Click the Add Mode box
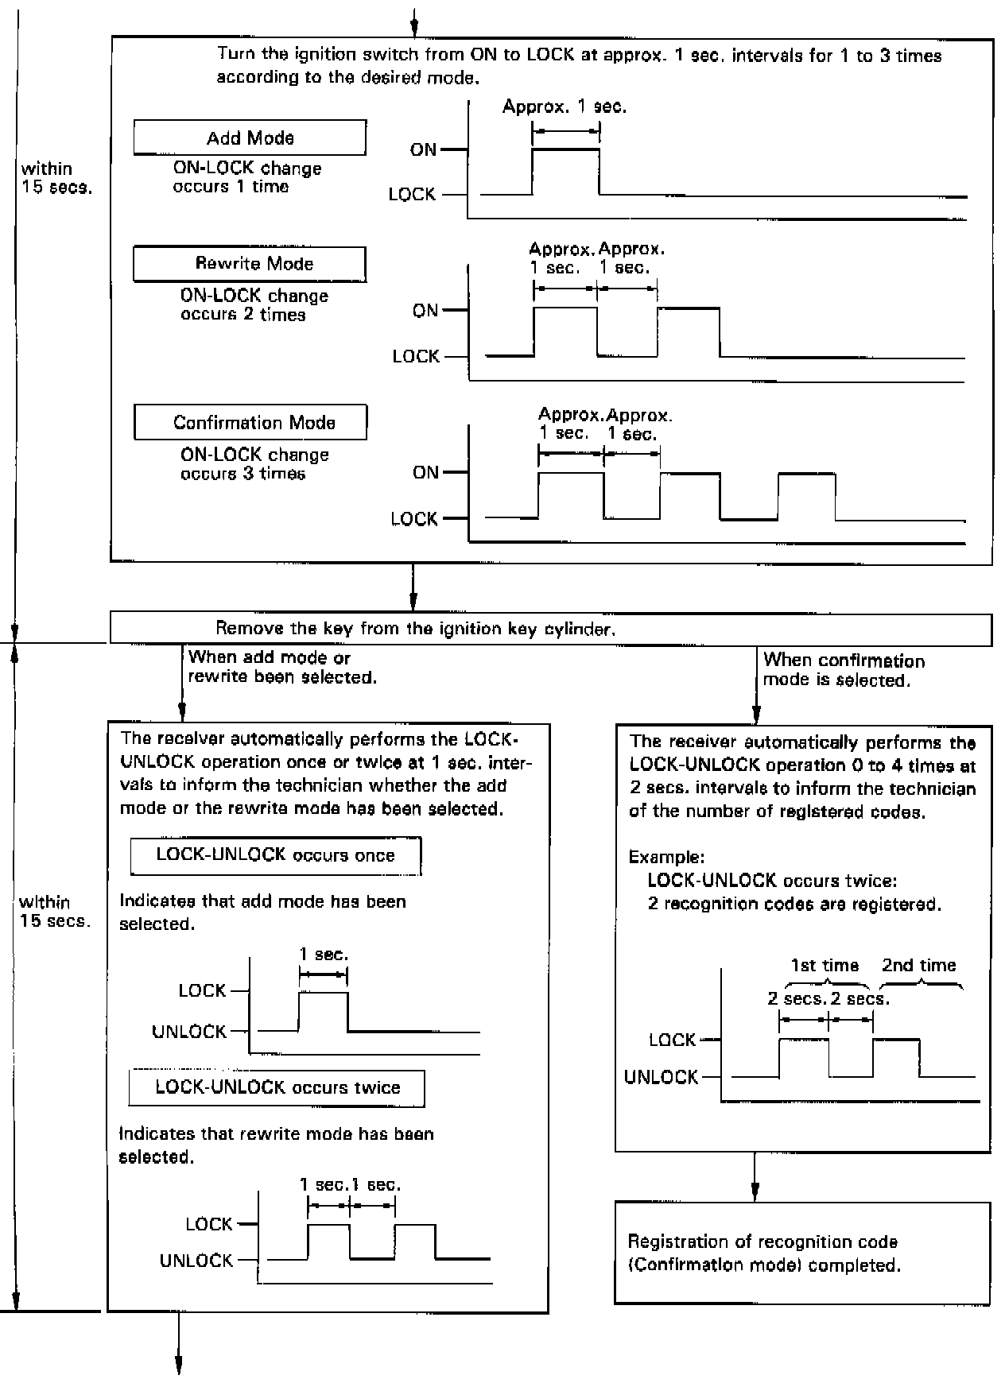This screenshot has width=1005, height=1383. [x=250, y=138]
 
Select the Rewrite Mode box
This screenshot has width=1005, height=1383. [x=250, y=264]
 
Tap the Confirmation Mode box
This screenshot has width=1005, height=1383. [x=250, y=422]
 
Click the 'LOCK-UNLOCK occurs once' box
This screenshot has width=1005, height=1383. [x=275, y=855]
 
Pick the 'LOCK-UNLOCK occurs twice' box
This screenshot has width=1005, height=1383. [x=277, y=1087]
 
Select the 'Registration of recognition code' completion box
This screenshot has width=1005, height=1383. [x=802, y=1253]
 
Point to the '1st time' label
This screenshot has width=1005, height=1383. [x=825, y=965]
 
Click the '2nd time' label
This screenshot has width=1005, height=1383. [x=918, y=965]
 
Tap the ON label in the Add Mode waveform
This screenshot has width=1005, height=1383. [x=423, y=149]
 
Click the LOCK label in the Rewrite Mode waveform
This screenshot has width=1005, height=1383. [x=416, y=356]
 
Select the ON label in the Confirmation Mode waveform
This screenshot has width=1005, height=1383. [x=425, y=472]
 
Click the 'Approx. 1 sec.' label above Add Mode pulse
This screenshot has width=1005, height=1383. [x=565, y=107]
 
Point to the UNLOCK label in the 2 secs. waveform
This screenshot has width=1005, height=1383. [x=661, y=1077]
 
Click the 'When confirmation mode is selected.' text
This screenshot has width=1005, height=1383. [x=843, y=670]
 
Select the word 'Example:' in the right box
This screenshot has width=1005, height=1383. [x=665, y=857]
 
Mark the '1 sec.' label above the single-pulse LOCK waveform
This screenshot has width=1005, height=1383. [x=323, y=954]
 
